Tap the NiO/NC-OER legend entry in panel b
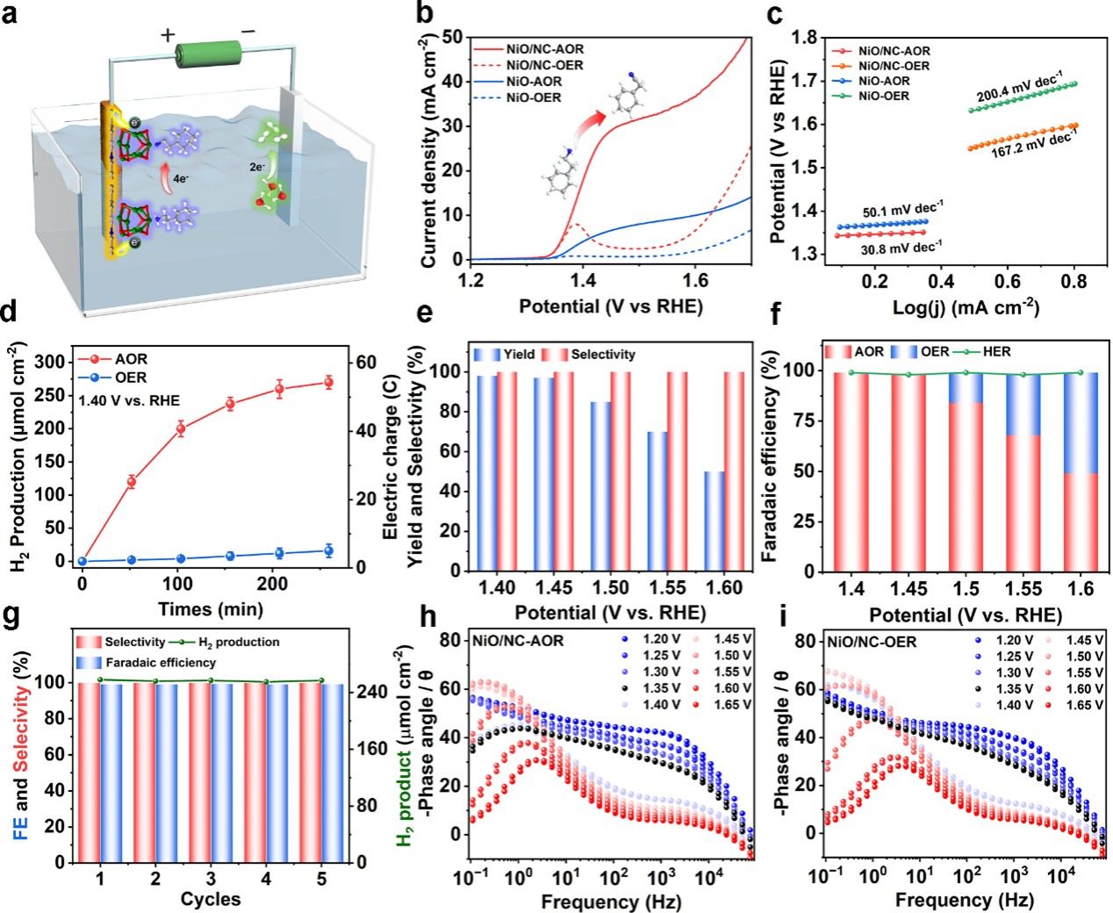(545, 66)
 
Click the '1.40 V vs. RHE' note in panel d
(130, 401)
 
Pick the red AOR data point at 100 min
(181, 428)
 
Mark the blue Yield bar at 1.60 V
(714, 521)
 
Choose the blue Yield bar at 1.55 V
(657, 501)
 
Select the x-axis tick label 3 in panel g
(211, 879)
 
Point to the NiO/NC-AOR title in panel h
(518, 640)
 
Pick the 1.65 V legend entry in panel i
(1086, 705)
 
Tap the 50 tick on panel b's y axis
(453, 37)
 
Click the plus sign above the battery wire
(166, 36)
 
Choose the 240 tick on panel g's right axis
(372, 692)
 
